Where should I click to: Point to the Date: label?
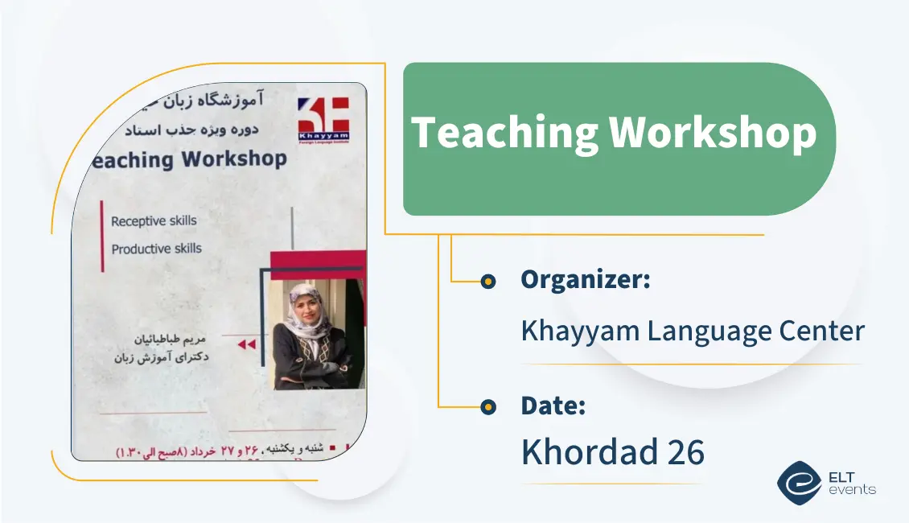553,406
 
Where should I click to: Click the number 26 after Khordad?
685,452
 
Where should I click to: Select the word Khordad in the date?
590,452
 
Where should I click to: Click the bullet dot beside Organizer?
487,282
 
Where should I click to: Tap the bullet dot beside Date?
487,407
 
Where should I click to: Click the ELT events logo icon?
799,482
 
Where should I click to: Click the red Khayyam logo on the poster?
323,118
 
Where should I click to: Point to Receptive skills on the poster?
154,220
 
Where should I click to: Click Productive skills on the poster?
156,249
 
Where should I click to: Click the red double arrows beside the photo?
246,344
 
